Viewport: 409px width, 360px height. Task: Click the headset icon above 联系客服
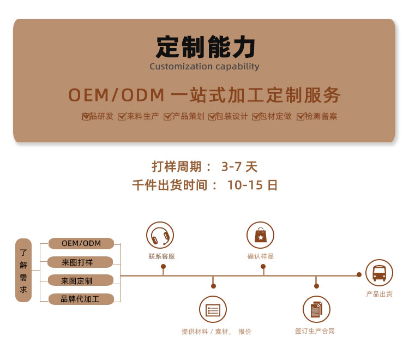pyautogui.click(x=160, y=235)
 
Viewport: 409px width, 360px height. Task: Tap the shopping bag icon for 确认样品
pyautogui.click(x=260, y=235)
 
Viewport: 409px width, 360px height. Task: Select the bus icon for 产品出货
pyautogui.click(x=379, y=273)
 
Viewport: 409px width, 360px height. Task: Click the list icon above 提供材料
pyautogui.click(x=213, y=310)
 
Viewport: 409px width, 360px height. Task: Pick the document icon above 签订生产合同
pyautogui.click(x=316, y=310)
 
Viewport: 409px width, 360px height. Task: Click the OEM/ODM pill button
pyautogui.click(x=81, y=243)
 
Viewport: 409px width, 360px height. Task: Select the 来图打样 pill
pyautogui.click(x=80, y=262)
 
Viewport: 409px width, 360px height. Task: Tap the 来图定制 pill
pyautogui.click(x=81, y=280)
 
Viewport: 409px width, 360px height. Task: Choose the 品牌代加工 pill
pyautogui.click(x=81, y=299)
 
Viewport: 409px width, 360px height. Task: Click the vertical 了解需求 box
pyautogui.click(x=23, y=270)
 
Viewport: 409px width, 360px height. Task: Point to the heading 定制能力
pyautogui.click(x=205, y=47)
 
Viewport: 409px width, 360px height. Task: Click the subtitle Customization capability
pyautogui.click(x=204, y=67)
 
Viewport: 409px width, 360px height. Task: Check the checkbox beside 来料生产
pyautogui.click(x=122, y=117)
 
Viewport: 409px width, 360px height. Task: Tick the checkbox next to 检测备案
pyautogui.click(x=300, y=117)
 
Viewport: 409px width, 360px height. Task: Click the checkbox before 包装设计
pyautogui.click(x=212, y=117)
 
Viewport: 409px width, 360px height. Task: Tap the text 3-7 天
pyautogui.click(x=239, y=167)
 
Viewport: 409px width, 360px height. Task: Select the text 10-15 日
pyautogui.click(x=252, y=185)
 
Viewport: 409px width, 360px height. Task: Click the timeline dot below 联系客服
pyautogui.click(x=163, y=267)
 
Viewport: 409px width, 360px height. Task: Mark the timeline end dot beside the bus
pyautogui.click(x=359, y=274)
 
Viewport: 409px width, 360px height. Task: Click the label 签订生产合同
pyautogui.click(x=315, y=331)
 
